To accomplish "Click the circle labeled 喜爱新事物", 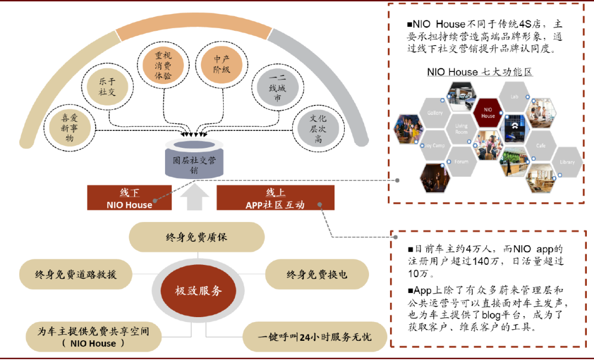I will pyautogui.click(x=69, y=126).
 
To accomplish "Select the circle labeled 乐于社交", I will pyautogui.click(x=107, y=87).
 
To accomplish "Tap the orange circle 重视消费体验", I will pyautogui.click(x=163, y=65).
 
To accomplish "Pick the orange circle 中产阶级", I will pyautogui.click(x=222, y=65).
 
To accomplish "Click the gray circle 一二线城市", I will pyautogui.click(x=277, y=88).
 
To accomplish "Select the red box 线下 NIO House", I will pyautogui.click(x=129, y=198).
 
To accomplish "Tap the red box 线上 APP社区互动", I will pyautogui.click(x=276, y=198).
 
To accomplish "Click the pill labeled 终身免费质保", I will pyautogui.click(x=197, y=237).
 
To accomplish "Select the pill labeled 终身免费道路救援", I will pyautogui.click(x=76, y=274).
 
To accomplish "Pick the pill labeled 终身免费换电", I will pyautogui.click(x=317, y=274).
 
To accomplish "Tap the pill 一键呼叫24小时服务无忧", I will pyautogui.click(x=315, y=336).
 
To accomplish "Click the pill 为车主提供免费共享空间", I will pyautogui.click(x=94, y=337).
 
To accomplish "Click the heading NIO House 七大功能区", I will pyautogui.click(x=480, y=72).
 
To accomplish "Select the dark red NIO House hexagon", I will pyautogui.click(x=488, y=112).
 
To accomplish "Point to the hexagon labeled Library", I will pyautogui.click(x=566, y=162).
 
